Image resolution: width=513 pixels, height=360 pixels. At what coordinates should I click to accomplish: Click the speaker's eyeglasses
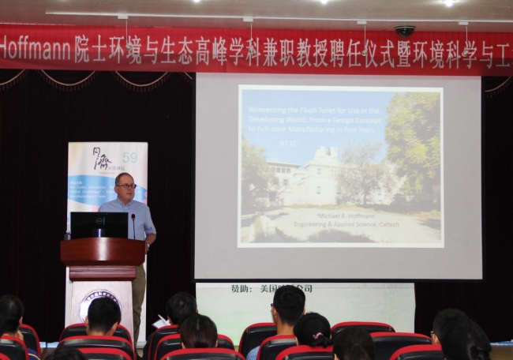[x=126, y=186]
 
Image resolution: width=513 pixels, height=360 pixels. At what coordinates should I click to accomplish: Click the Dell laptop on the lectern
[x=99, y=225]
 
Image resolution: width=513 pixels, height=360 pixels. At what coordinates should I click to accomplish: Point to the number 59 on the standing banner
[x=129, y=157]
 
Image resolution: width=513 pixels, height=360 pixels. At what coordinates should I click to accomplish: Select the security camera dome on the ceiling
[x=405, y=31]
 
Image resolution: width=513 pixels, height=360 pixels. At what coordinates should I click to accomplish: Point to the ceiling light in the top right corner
[x=448, y=3]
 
